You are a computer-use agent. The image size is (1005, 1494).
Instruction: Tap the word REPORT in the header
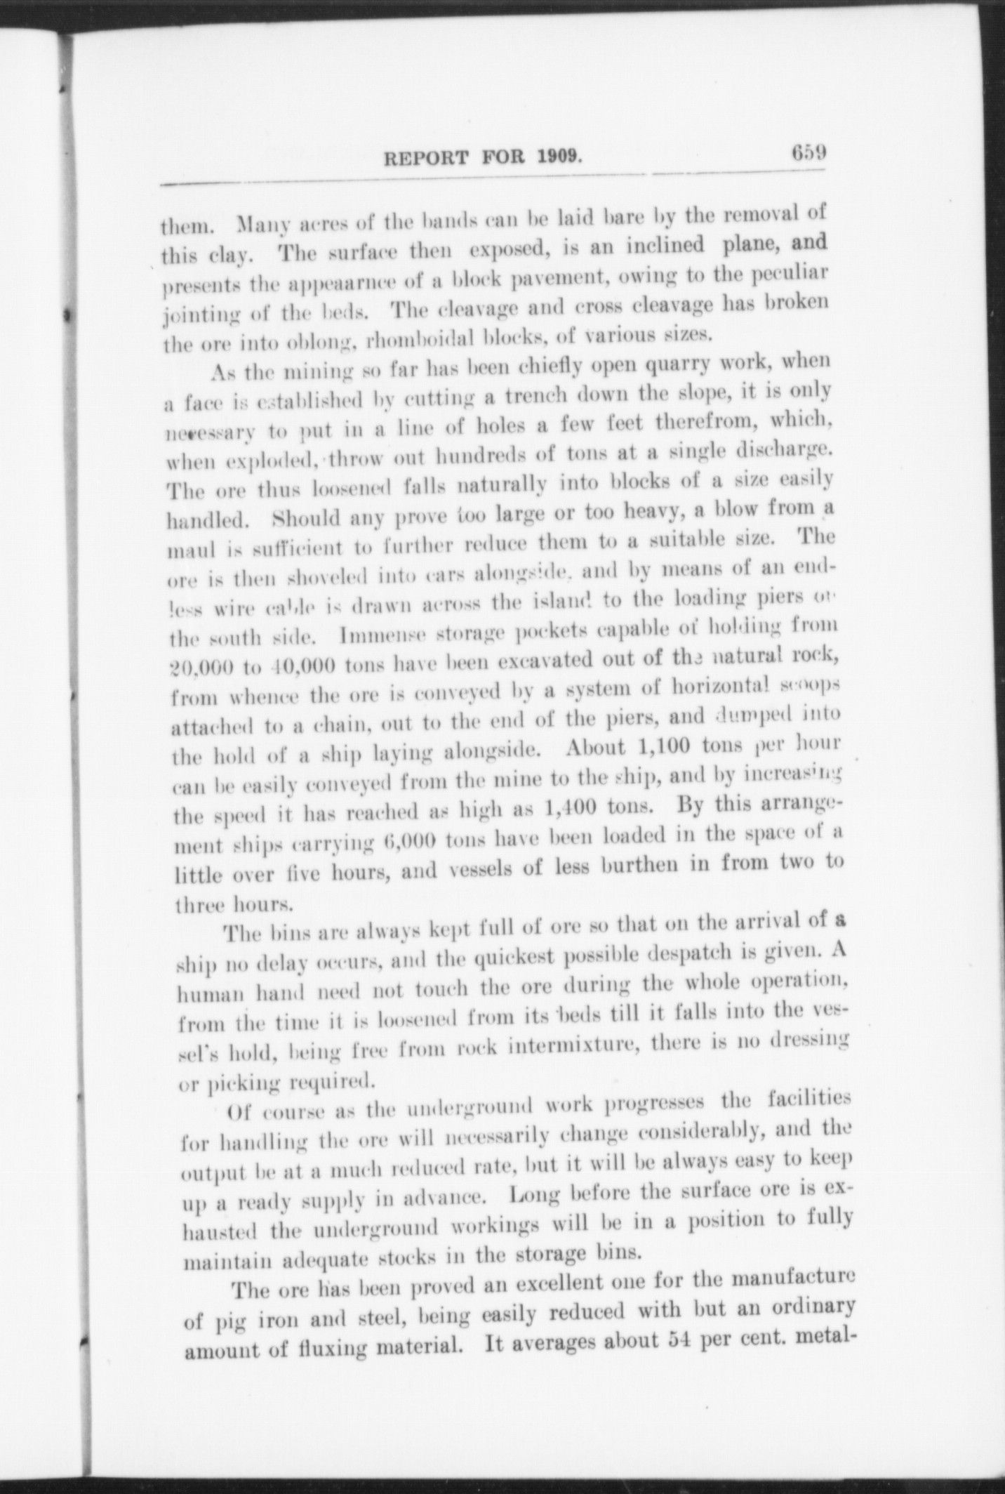click(x=425, y=159)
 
